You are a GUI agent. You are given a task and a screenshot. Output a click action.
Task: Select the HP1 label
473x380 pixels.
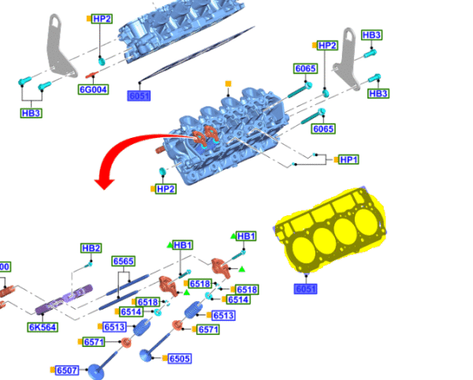tap(348, 159)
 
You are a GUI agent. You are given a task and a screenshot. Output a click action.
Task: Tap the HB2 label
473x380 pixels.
tap(91, 248)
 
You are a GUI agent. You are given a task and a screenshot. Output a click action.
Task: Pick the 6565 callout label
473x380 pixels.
tap(123, 261)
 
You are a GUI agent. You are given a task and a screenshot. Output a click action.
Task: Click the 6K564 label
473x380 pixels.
tap(43, 326)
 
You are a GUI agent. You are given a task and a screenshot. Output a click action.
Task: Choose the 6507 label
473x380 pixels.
tap(67, 371)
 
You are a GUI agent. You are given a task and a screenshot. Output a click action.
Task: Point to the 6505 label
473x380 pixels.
tap(180, 359)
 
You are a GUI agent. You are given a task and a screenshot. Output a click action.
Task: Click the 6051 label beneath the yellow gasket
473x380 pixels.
tap(306, 289)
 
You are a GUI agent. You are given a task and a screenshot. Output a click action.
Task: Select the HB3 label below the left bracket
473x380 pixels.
tap(32, 113)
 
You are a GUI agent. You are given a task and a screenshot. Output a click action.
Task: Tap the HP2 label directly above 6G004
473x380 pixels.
tap(102, 18)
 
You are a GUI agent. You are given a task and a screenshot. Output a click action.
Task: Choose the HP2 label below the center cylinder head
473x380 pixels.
tap(165, 189)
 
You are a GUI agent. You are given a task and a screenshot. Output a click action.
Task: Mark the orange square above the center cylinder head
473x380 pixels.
tap(229, 83)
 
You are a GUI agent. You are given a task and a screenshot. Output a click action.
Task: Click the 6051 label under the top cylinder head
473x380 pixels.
tap(140, 96)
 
